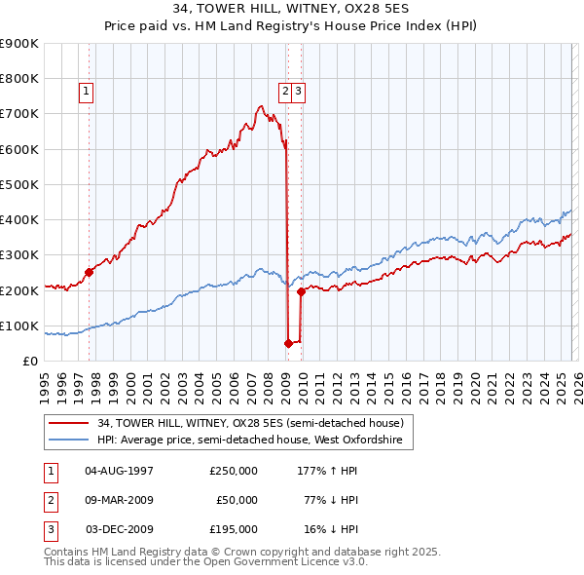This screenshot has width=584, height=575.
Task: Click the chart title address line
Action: (292, 10)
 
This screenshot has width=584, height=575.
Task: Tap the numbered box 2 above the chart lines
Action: (285, 93)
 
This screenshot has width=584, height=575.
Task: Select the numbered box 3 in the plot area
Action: (299, 93)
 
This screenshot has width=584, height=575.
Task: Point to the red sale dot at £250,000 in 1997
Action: (89, 273)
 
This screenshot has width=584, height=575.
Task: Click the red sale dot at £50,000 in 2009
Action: (288, 343)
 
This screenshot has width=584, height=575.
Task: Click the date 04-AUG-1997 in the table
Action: (119, 471)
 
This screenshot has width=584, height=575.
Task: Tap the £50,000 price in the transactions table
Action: (237, 500)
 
